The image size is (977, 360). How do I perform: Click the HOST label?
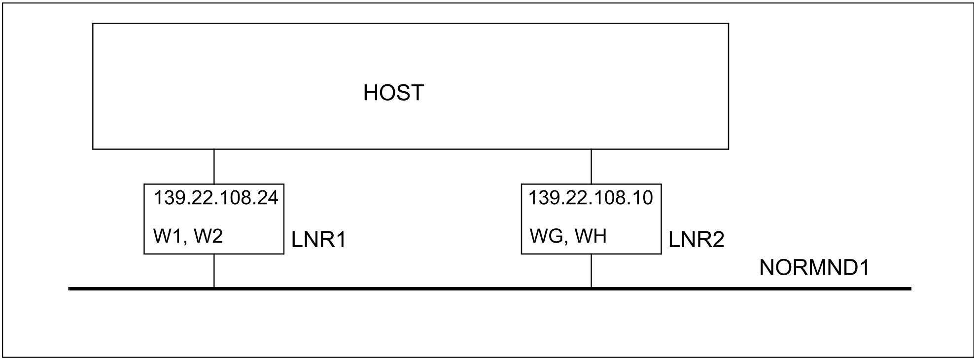click(393, 93)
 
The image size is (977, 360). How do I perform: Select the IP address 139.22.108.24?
click(216, 198)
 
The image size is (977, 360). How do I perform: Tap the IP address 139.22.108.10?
click(591, 198)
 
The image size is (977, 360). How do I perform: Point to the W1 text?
click(168, 236)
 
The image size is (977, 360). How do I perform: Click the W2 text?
click(209, 236)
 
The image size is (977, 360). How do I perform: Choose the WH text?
click(591, 236)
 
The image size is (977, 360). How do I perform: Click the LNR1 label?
click(319, 240)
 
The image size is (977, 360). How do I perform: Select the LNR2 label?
click(697, 240)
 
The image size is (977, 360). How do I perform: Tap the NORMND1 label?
click(814, 268)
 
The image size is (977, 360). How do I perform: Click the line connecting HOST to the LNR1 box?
click(214, 167)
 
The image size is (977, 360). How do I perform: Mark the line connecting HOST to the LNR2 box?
click(591, 167)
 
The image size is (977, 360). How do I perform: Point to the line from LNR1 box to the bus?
click(214, 270)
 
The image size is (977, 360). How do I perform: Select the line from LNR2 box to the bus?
click(591, 270)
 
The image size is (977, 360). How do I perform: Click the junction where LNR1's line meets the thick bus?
click(214, 288)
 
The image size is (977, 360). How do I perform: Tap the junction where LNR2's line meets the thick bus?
click(591, 288)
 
